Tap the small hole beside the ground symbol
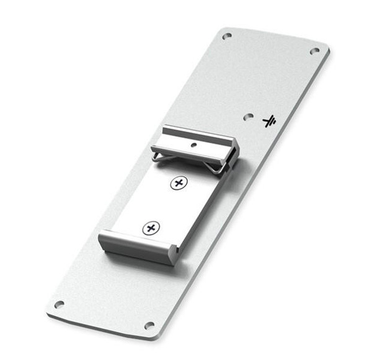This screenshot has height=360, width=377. click(248, 116)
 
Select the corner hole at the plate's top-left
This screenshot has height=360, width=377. click(227, 36)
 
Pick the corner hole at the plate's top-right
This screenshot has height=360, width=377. click(314, 51)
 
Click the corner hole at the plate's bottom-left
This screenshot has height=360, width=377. click(59, 304)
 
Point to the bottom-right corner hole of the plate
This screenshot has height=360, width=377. click(149, 325)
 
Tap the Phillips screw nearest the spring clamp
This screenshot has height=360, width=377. click(179, 183)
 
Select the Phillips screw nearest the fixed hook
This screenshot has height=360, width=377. click(150, 228)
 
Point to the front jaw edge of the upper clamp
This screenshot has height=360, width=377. click(186, 151)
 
